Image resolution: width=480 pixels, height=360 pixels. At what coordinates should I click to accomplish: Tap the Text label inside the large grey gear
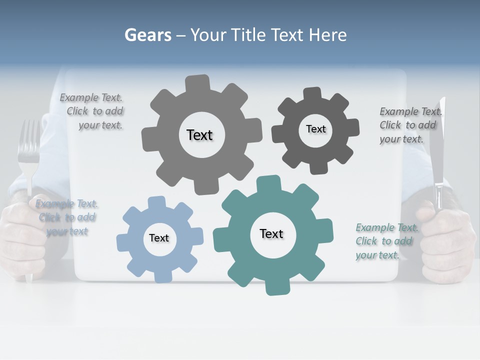(x=199, y=135)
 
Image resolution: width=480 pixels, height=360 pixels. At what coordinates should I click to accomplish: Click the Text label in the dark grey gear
(x=315, y=129)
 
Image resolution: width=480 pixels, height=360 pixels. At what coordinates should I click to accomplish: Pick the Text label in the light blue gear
(x=159, y=238)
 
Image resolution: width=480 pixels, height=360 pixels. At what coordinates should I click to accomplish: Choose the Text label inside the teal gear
(x=271, y=233)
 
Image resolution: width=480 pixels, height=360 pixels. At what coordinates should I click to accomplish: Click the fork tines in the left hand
(x=28, y=140)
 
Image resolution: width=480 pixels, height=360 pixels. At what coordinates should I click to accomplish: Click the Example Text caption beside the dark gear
(x=409, y=125)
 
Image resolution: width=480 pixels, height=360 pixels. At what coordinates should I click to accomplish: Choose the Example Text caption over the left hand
(x=66, y=217)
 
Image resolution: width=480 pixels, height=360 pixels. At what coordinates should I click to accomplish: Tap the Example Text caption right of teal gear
(x=385, y=241)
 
